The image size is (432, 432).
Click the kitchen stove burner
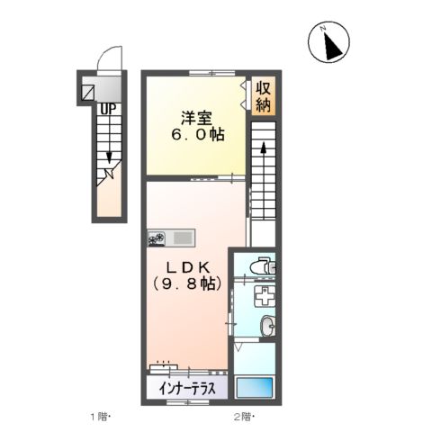coord(157,238)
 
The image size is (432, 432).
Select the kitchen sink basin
coord(183,238)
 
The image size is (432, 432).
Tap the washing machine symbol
coord(264,298)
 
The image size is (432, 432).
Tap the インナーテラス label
coord(187,390)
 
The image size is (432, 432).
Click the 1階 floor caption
coord(98,416)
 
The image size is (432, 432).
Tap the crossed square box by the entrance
coord(89,90)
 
